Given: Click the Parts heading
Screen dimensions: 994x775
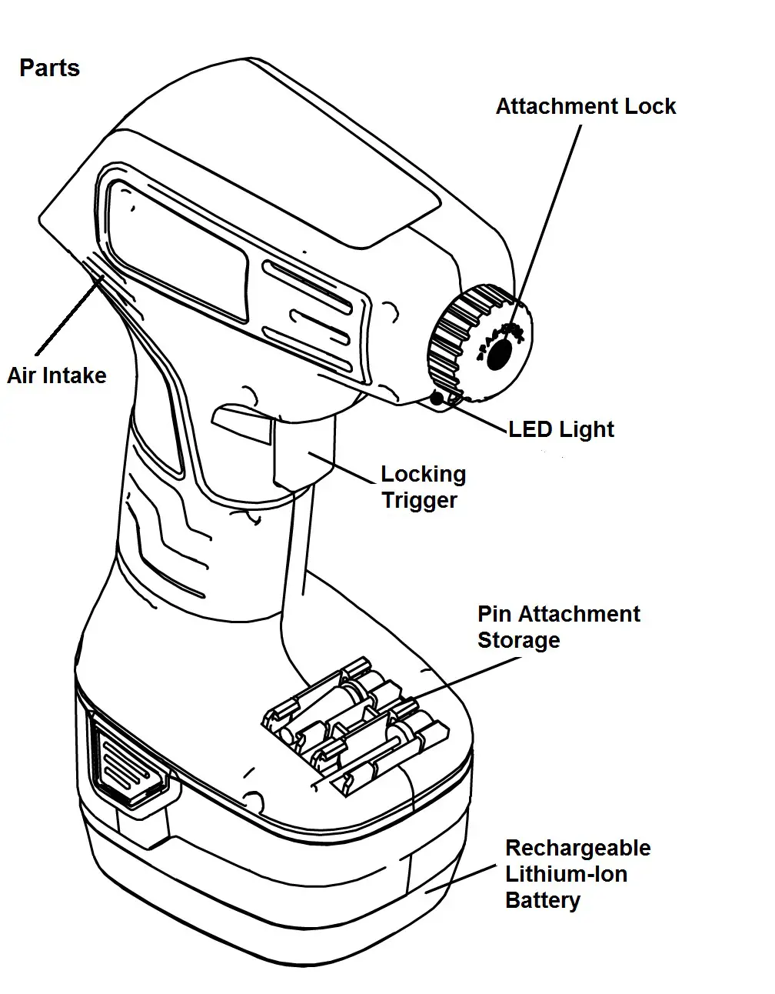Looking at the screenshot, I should (49, 68).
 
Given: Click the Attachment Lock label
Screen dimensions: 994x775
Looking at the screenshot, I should (585, 106).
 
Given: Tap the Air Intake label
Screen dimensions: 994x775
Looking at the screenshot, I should (57, 375).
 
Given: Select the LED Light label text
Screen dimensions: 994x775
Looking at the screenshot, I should (561, 429).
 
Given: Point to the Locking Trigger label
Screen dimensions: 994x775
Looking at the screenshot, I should (423, 487).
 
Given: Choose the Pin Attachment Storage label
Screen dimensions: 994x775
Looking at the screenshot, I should (558, 627).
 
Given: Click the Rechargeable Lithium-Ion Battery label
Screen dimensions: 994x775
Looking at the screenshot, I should (577, 874).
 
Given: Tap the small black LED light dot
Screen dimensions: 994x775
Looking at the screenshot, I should (437, 398).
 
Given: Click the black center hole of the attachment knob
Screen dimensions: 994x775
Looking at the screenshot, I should (500, 353).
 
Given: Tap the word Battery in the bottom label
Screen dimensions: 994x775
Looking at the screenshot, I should (542, 900).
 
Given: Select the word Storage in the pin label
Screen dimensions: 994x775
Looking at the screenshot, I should (518, 640).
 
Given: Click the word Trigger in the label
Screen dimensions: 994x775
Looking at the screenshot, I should (419, 500).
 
